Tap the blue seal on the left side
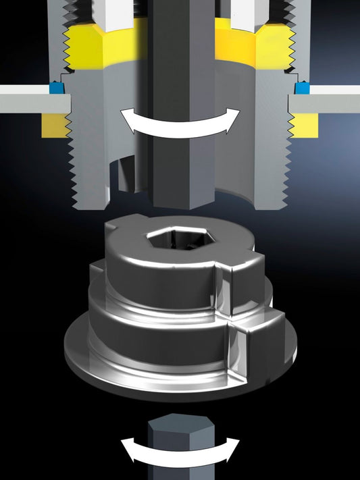[55, 88]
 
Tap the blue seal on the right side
[301, 88]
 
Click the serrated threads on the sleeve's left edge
[76, 169]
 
